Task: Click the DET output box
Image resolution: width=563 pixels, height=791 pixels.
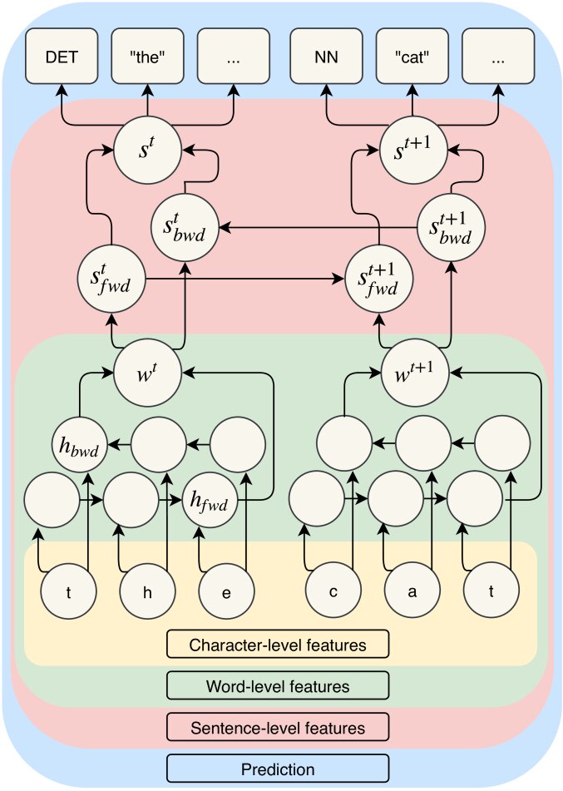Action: (x=62, y=56)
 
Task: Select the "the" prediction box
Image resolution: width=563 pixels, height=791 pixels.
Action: (x=147, y=56)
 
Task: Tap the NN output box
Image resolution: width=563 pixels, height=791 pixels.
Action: (x=326, y=56)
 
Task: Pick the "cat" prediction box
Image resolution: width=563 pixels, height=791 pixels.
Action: (x=412, y=56)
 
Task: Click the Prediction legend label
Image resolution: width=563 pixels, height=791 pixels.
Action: (x=278, y=769)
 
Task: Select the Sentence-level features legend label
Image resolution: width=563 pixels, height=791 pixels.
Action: (x=278, y=728)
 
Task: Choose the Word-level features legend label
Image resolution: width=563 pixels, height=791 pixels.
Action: (x=278, y=685)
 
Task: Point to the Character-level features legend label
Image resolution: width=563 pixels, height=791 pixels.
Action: (x=278, y=645)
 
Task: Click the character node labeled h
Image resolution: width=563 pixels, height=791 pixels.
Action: (x=147, y=591)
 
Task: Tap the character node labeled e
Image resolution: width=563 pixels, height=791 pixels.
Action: (x=226, y=591)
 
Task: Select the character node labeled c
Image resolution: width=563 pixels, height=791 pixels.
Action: (x=333, y=591)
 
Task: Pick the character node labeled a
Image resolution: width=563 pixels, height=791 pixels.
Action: (x=412, y=591)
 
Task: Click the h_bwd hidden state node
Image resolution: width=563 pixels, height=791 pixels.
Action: (x=80, y=445)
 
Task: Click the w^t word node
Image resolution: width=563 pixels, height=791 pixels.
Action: (x=147, y=373)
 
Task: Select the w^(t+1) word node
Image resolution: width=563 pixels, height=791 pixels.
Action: (x=415, y=373)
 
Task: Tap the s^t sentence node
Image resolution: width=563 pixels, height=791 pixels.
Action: (x=147, y=151)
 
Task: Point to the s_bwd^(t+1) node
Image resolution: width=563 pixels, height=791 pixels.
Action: (x=451, y=228)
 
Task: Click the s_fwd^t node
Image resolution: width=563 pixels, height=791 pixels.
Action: (x=111, y=279)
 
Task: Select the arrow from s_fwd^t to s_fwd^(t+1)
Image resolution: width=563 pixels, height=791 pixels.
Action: (x=244, y=279)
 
